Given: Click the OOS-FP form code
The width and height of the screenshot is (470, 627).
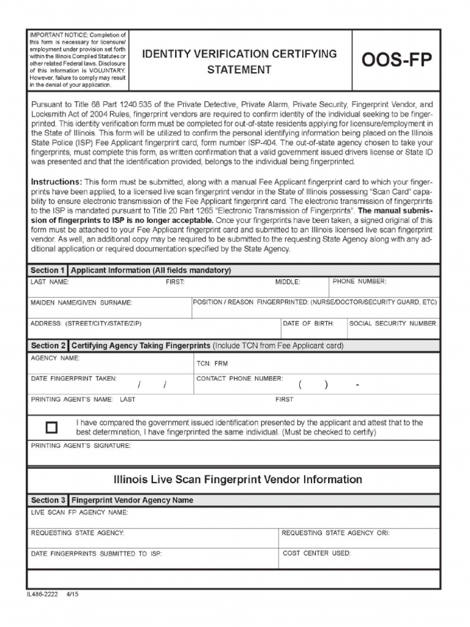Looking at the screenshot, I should pyautogui.click(x=396, y=60).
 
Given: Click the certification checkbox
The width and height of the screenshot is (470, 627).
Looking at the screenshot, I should pyautogui.click(x=52, y=427).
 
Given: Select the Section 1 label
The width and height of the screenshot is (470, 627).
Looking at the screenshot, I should pyautogui.click(x=48, y=270).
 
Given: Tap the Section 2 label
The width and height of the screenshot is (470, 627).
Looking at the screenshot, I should pyautogui.click(x=48, y=346).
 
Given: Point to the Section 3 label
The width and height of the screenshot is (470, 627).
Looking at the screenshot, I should pyautogui.click(x=48, y=500).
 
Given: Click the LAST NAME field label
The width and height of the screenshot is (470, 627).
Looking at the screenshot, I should pyautogui.click(x=50, y=282).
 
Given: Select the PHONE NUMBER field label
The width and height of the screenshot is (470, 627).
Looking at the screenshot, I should pyautogui.click(x=359, y=282).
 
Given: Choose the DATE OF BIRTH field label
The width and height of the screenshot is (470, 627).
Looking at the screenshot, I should pyautogui.click(x=308, y=323).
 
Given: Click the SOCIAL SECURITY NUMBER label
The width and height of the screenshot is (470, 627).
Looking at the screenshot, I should pyautogui.click(x=393, y=323).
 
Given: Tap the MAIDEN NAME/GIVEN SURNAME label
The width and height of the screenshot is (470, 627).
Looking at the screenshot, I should pyautogui.click(x=81, y=302).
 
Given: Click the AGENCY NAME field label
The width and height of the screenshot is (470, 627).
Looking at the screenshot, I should pyautogui.click(x=55, y=358).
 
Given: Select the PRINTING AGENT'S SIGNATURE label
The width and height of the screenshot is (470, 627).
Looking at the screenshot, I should pyautogui.click(x=81, y=446).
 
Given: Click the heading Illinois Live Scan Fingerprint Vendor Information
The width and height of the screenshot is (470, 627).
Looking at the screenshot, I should pyautogui.click(x=238, y=479).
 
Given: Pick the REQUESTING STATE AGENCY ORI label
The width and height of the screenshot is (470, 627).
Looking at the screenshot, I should pyautogui.click(x=335, y=533).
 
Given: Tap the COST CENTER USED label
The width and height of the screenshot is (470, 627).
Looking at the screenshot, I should pyautogui.click(x=316, y=554).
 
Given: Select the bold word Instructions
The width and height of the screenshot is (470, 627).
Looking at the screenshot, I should pyautogui.click(x=56, y=182).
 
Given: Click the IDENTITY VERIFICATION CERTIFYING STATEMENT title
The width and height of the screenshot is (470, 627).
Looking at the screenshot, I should pyautogui.click(x=239, y=62).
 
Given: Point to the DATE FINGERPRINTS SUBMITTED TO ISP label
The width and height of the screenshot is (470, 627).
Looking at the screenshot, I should pyautogui.click(x=96, y=554).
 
